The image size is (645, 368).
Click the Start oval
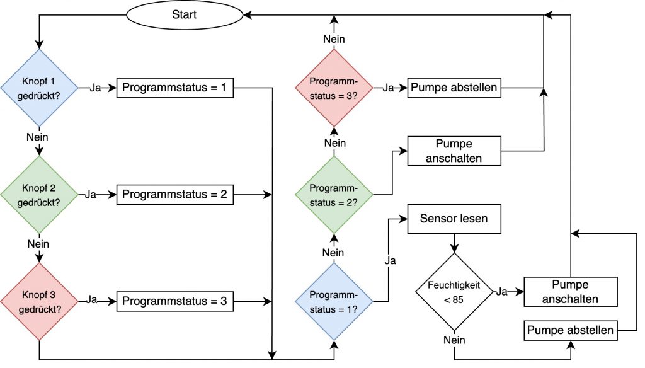(184, 14)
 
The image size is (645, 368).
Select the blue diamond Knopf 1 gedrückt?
(39, 88)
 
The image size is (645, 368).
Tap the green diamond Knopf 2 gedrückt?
(39, 195)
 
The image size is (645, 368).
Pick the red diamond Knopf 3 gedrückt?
(39, 301)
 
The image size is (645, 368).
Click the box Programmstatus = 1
(174, 88)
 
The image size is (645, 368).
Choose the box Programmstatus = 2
(174, 195)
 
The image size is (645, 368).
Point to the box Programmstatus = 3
(174, 302)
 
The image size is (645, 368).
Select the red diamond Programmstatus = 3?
(334, 88)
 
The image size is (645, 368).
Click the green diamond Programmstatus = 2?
(334, 195)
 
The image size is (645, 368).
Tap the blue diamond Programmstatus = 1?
(334, 301)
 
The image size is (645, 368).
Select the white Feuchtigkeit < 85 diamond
(454, 292)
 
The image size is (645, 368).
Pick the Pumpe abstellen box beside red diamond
(455, 88)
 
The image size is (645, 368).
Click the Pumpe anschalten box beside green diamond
(455, 151)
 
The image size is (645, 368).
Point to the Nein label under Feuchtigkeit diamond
(454, 340)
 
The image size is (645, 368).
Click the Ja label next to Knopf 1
(96, 88)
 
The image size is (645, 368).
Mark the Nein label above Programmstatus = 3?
(334, 40)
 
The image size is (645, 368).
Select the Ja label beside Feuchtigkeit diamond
(502, 292)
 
